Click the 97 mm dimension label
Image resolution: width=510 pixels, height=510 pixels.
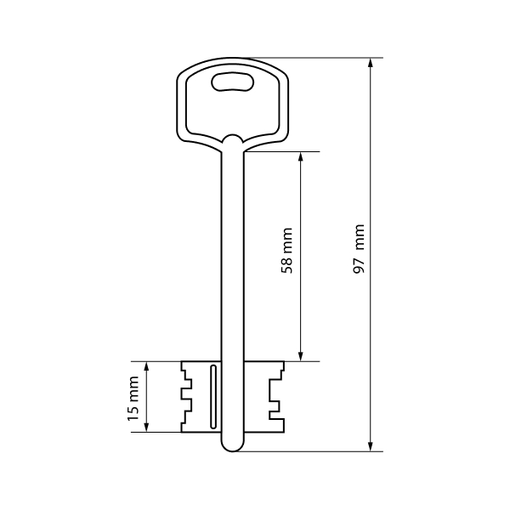coord(359,249)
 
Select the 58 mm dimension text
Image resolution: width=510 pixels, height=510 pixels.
coord(287,251)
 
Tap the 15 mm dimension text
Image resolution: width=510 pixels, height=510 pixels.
coord(133,399)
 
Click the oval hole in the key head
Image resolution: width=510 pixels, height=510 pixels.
coord(233,82)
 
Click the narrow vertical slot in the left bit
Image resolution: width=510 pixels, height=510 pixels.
coord(213,396)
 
